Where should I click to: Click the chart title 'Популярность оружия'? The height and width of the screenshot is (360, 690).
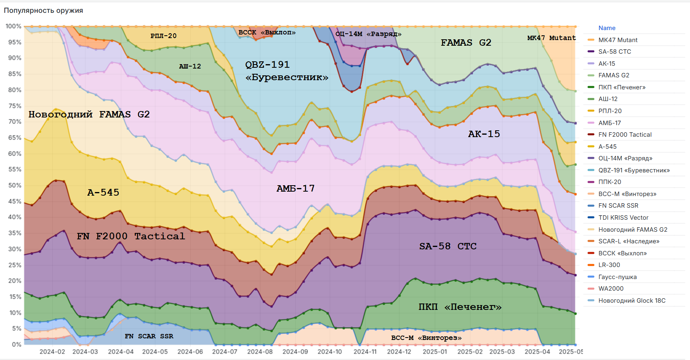coord(43,10)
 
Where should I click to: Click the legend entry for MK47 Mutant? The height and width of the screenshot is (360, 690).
coord(617,40)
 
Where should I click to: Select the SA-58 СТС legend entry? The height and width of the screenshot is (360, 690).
coord(614,52)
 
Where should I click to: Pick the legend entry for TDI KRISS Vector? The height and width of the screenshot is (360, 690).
coord(623,218)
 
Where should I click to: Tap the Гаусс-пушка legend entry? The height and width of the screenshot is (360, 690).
coord(617,277)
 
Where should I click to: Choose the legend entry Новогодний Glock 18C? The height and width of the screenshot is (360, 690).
coord(631,301)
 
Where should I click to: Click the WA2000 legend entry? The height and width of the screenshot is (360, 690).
coord(611,289)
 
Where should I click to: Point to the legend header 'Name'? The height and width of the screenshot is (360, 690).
coord(607,28)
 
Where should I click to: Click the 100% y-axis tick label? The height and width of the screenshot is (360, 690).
coord(13,26)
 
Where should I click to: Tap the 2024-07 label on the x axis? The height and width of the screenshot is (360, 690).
coord(225,352)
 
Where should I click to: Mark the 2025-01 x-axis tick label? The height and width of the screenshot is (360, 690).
coord(435,352)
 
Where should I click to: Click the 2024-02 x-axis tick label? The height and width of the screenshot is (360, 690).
coord(52,352)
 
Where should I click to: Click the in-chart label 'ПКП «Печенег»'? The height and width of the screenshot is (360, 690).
coord(460,307)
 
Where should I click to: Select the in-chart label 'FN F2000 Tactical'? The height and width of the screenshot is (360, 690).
coord(131,236)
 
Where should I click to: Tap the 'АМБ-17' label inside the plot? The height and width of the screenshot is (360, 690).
coord(295,188)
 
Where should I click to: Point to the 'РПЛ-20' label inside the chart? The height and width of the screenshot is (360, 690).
coord(163,36)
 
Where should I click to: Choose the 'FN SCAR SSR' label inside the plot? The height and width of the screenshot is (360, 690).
coord(149,336)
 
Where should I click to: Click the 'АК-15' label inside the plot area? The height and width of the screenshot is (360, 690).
coord(484,134)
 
